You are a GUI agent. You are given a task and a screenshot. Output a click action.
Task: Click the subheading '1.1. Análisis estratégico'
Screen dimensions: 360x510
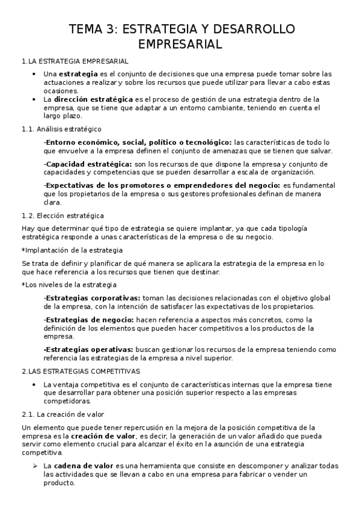[x=61, y=129]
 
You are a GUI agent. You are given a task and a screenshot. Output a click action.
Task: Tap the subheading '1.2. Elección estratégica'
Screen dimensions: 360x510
[x=63, y=215]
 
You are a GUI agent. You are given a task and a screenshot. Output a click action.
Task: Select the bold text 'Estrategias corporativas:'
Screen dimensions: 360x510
[x=92, y=297]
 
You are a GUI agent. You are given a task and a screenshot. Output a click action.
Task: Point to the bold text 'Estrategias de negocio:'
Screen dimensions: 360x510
[x=89, y=319]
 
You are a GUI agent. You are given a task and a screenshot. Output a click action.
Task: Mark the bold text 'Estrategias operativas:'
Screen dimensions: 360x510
[x=88, y=349]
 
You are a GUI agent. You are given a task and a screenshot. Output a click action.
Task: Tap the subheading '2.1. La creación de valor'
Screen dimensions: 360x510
[x=63, y=414]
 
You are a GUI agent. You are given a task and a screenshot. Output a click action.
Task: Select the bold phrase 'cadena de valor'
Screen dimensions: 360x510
[x=81, y=466]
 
